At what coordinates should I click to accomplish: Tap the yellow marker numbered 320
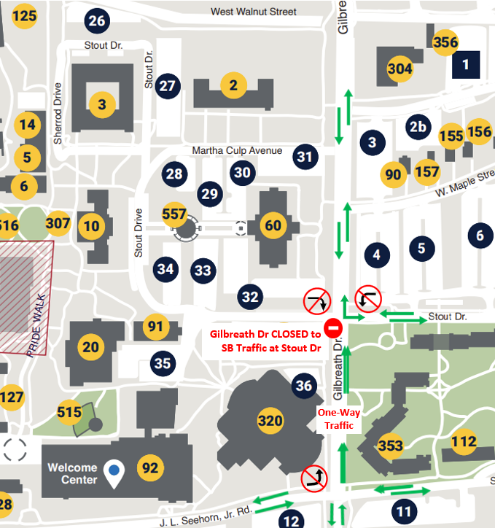pyautogui.click(x=270, y=421)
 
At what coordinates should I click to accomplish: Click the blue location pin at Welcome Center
pyautogui.click(x=113, y=470)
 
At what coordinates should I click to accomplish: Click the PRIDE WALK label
pyautogui.click(x=36, y=325)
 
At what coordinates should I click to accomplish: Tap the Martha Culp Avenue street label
pyautogui.click(x=237, y=150)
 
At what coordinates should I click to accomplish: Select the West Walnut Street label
pyautogui.click(x=254, y=12)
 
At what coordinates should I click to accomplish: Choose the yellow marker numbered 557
pyautogui.click(x=175, y=211)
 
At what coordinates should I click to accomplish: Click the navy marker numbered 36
pyautogui.click(x=304, y=387)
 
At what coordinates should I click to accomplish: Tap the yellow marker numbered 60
pyautogui.click(x=273, y=225)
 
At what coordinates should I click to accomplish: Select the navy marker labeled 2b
pyautogui.click(x=418, y=126)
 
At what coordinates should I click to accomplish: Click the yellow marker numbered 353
pyautogui.click(x=391, y=445)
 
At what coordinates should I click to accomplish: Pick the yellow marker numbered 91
pyautogui.click(x=155, y=326)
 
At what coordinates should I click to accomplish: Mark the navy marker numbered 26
pyautogui.click(x=97, y=20)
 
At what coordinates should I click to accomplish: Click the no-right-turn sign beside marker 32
pyautogui.click(x=317, y=300)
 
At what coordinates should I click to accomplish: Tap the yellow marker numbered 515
pyautogui.click(x=69, y=413)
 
